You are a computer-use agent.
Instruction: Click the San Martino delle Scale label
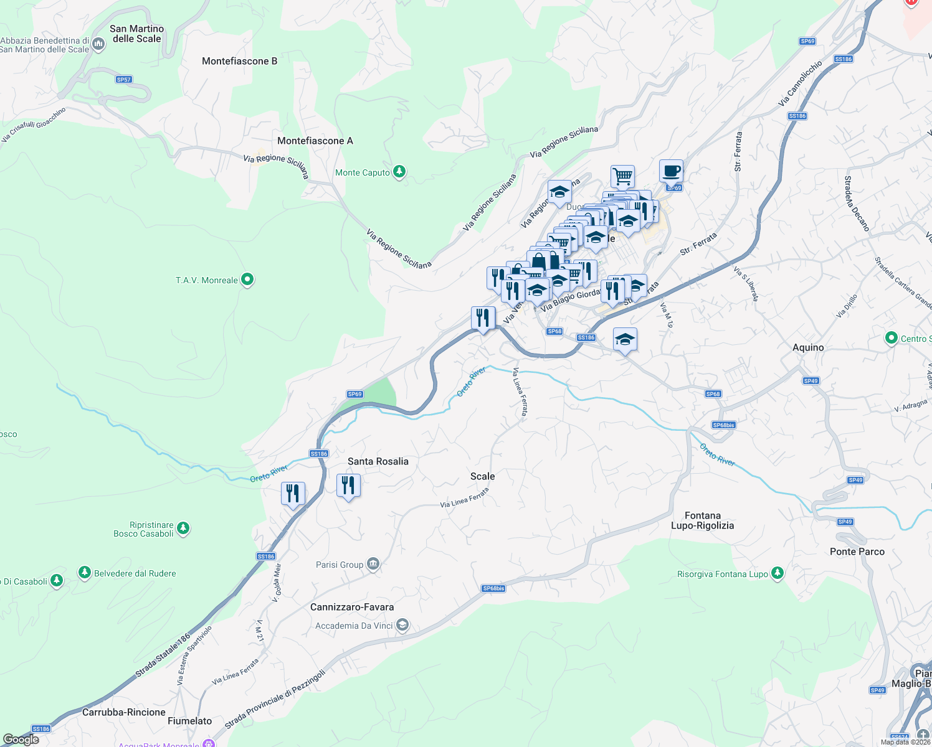(136, 34)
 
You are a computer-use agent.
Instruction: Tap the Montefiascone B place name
(239, 61)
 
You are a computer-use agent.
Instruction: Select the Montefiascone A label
(315, 141)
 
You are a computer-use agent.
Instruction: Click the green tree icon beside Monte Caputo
(399, 172)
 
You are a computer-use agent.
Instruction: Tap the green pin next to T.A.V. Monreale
(247, 280)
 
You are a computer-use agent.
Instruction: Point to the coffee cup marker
(671, 171)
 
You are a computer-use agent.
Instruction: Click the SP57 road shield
(124, 80)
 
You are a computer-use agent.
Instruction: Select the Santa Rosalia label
(378, 461)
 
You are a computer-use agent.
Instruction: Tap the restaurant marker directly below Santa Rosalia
(348, 486)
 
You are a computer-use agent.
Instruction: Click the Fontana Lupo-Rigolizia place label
(702, 520)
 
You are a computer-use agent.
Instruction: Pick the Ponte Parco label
(857, 552)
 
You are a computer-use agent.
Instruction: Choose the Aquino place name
(808, 347)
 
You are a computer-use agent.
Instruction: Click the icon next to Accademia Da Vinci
(402, 625)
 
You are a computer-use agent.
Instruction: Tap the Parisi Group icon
(373, 564)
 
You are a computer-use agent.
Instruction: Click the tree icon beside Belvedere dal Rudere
(85, 573)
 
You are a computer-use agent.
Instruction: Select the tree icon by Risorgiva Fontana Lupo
(777, 573)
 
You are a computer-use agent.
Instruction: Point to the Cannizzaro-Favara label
(352, 607)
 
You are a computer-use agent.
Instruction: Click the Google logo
(21, 740)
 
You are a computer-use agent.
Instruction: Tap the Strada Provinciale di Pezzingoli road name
(275, 700)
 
